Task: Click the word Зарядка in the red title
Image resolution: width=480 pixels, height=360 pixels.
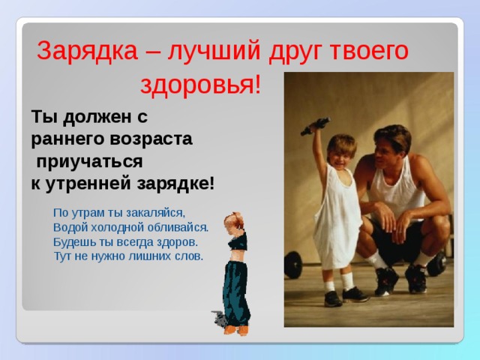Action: tap(87, 51)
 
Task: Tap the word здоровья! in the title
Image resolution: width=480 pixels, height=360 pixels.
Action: tap(201, 85)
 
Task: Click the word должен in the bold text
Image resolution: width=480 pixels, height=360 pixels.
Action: tap(97, 117)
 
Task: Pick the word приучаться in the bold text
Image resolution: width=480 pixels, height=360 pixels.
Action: tap(90, 161)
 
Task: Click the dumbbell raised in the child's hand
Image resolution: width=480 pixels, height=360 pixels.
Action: tap(316, 125)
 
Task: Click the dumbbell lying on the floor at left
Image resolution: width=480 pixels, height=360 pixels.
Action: tap(292, 264)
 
